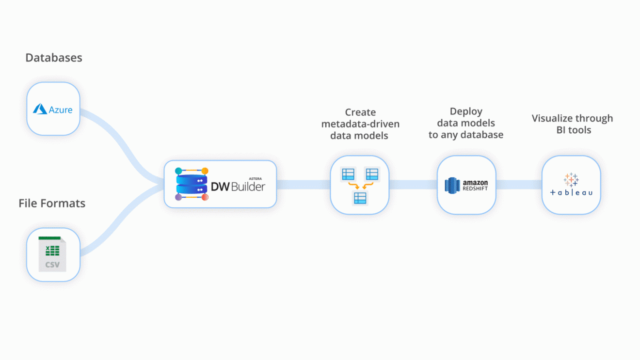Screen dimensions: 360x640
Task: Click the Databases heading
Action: [53, 58]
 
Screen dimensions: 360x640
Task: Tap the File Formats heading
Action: [52, 203]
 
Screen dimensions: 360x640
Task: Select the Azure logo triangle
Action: [40, 110]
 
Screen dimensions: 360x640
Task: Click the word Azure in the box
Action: [61, 110]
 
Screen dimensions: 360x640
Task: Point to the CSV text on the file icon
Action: [52, 265]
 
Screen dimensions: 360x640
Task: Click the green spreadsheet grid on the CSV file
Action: [52, 250]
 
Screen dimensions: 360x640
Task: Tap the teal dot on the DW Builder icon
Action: [178, 171]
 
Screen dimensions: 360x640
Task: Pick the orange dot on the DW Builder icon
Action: [205, 171]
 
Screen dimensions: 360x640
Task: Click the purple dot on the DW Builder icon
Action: [178, 197]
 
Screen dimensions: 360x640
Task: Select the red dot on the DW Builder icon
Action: [205, 197]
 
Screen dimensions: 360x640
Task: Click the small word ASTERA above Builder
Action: [255, 178]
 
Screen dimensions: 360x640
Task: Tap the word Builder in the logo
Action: [248, 187]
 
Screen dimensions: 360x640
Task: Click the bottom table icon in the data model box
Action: [360, 198]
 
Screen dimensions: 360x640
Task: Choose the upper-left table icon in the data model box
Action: [348, 174]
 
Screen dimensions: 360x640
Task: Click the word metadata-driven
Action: [360, 124]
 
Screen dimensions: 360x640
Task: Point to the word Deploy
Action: [465, 111]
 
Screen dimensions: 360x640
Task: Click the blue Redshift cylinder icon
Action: [452, 185]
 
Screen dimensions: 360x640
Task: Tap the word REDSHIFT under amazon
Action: [475, 188]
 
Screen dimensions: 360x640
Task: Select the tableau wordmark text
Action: [571, 192]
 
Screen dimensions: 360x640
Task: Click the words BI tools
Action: [574, 130]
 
